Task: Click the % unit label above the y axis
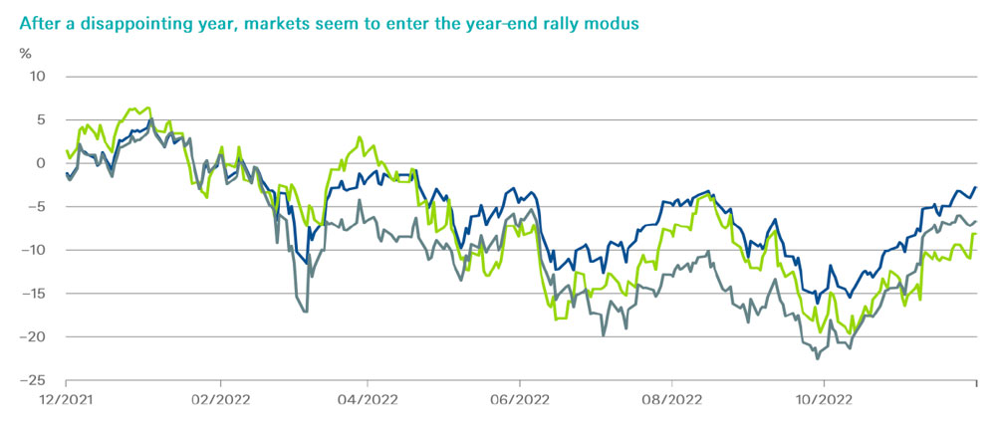tap(26, 52)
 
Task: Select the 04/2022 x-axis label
tap(368, 402)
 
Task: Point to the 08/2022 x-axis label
tap(671, 402)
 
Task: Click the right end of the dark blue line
tap(975, 187)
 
